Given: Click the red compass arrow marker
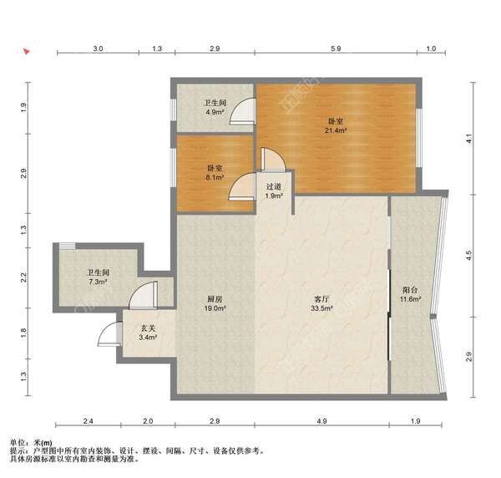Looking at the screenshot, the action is point(26,51).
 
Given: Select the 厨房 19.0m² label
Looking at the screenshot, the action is point(215,303).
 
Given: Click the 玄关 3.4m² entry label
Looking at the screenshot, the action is point(148,333).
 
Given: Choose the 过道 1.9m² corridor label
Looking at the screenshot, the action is point(274,191).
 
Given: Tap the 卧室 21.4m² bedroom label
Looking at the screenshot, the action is point(336,125).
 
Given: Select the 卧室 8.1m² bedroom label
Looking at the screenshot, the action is point(215,172).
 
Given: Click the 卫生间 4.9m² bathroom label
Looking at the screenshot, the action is point(215,108).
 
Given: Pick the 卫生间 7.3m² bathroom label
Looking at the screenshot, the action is point(98,277).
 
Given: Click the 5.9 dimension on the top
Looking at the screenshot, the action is point(336,48).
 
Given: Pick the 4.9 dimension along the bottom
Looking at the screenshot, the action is point(321,421).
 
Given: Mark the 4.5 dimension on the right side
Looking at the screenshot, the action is point(468,256).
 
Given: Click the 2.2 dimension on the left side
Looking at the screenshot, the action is point(24,277).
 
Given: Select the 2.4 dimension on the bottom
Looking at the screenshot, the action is point(89,421).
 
